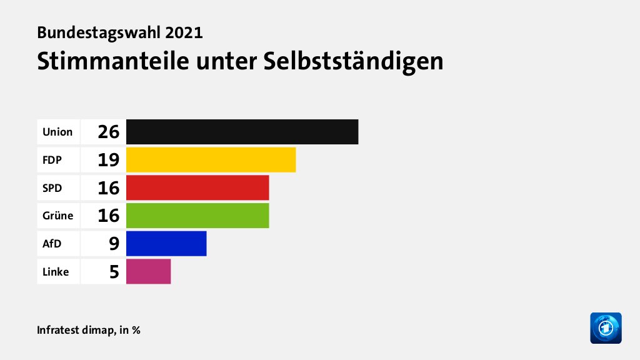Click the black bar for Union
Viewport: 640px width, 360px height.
click(x=242, y=132)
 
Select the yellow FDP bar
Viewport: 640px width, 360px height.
click(x=211, y=160)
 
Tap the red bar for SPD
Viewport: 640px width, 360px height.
click(x=197, y=187)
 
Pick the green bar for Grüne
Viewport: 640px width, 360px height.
click(x=197, y=216)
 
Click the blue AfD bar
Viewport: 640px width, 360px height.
click(x=166, y=243)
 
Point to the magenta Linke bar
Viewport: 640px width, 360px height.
click(x=148, y=271)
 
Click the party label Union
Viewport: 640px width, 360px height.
click(x=57, y=132)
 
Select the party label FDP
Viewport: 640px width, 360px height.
click(x=52, y=160)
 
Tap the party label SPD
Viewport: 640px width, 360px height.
click(x=52, y=187)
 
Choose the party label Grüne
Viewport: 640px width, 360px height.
click(x=57, y=216)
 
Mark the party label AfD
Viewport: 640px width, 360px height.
click(x=51, y=243)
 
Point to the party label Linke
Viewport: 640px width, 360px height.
click(x=56, y=271)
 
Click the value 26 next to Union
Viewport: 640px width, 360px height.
click(x=108, y=132)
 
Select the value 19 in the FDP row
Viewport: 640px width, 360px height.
click(x=108, y=160)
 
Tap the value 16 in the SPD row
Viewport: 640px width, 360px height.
click(x=108, y=187)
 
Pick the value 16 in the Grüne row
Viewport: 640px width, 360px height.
click(x=108, y=216)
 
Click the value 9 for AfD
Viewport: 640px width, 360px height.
click(x=114, y=243)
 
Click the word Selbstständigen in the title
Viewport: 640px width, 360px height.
click(x=354, y=61)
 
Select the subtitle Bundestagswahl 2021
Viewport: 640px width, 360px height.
click(x=120, y=32)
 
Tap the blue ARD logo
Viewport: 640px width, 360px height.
click(x=606, y=327)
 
